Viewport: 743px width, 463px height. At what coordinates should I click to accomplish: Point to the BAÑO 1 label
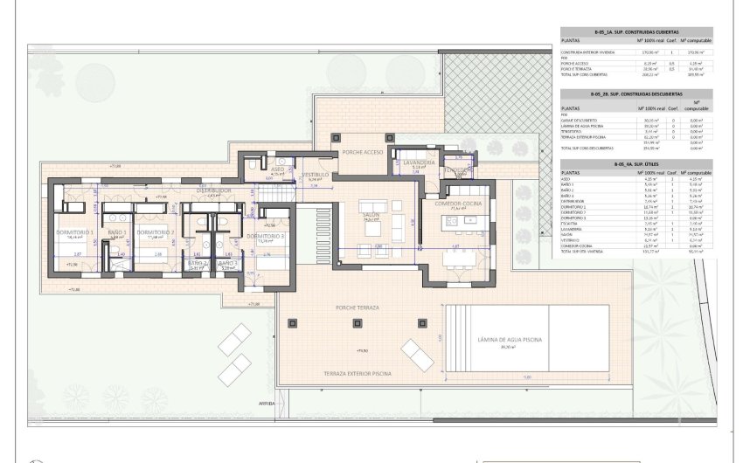tap(118, 231)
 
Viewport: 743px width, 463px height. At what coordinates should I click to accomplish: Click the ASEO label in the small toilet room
tap(277, 169)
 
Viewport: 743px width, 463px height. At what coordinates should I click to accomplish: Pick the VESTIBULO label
tap(315, 175)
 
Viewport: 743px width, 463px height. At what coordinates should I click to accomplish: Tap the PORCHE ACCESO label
tap(362, 152)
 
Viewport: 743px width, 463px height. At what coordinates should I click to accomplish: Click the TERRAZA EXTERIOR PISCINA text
tap(358, 373)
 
